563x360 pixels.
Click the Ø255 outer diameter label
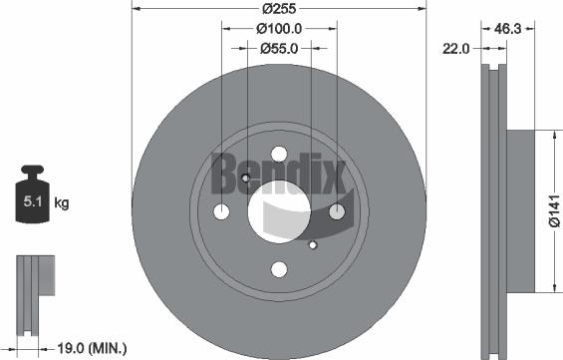[279, 8]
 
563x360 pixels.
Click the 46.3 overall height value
[511, 30]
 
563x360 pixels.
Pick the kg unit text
[61, 203]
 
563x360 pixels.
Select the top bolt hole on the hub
[279, 153]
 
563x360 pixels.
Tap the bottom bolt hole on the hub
[279, 268]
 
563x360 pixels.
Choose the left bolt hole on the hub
[221, 210]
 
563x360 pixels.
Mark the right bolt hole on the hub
[337, 210]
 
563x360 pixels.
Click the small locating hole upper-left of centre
[245, 178]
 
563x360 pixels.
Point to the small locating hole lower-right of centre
[313, 244]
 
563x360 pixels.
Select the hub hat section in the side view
[523, 210]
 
